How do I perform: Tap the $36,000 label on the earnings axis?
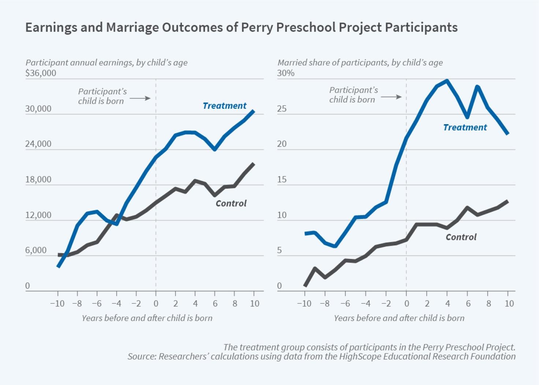point(41,73)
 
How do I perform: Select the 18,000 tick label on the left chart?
point(38,179)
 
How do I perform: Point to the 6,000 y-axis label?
point(36,251)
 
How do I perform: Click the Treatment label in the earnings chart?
point(224,106)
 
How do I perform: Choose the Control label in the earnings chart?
point(231,203)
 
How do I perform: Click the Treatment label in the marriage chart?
point(465,127)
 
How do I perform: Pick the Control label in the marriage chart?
point(461,237)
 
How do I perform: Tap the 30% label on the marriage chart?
point(286,73)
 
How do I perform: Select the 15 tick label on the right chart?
point(282,179)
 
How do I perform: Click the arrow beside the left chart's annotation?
point(140,98)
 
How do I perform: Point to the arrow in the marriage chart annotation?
point(391,97)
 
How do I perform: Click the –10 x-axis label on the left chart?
point(57,303)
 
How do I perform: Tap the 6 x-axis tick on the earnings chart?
point(215,303)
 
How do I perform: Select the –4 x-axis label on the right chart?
point(365,303)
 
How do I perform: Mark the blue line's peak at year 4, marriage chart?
point(447,81)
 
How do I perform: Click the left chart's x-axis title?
point(147,318)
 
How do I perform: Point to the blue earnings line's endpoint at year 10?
point(253,111)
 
